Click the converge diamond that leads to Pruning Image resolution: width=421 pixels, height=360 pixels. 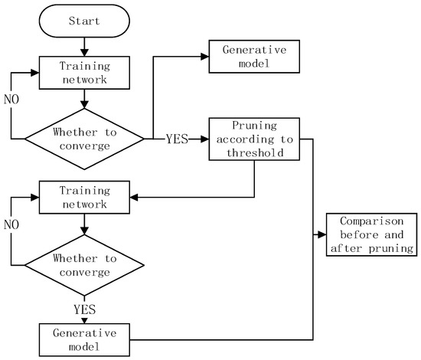click(84, 139)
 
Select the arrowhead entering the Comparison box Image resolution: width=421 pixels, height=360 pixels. click(323, 234)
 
